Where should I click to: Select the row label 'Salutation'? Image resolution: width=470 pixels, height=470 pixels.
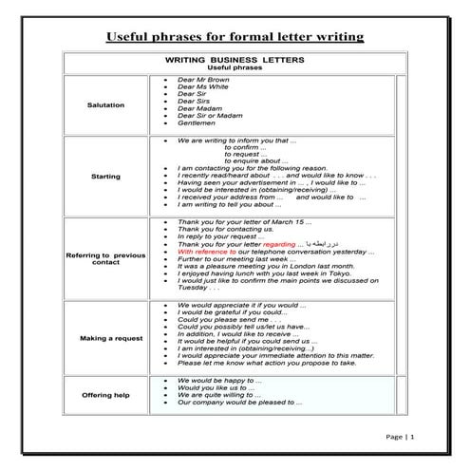coord(104,104)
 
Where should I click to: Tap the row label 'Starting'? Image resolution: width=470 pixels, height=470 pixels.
coord(104,176)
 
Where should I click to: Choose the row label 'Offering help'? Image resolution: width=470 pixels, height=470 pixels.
coord(104,395)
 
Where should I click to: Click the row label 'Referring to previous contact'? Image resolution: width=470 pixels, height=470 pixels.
coord(104,259)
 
